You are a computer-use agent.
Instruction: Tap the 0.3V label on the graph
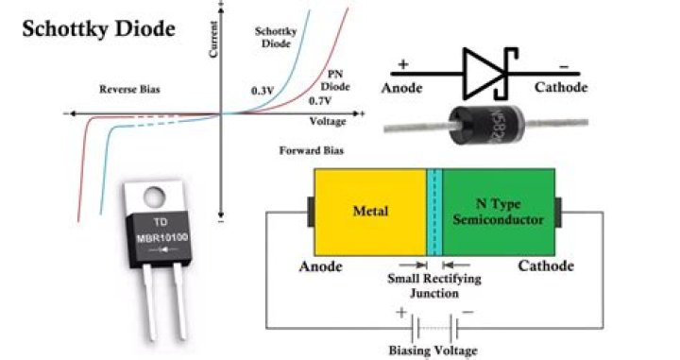pyautogui.click(x=262, y=90)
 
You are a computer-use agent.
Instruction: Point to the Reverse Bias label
pyautogui.click(x=127, y=90)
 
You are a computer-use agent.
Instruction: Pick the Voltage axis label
pyautogui.click(x=328, y=122)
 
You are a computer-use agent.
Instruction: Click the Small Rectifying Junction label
pyautogui.click(x=434, y=285)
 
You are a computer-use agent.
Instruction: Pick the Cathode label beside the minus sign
pyautogui.click(x=560, y=88)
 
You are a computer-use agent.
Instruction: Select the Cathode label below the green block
pyautogui.click(x=545, y=266)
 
